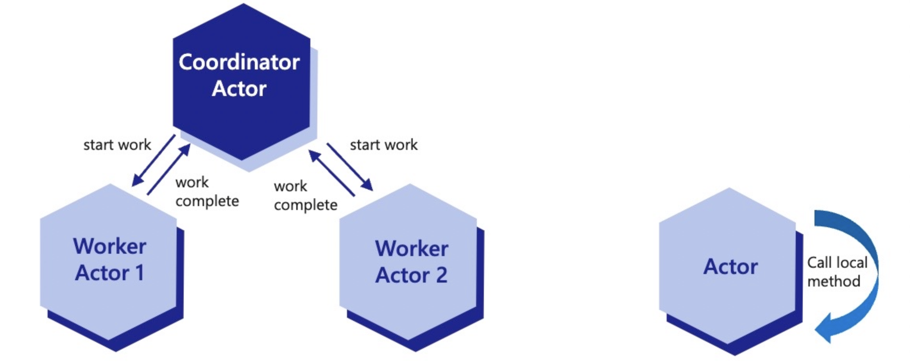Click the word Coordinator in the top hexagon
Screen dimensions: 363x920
tap(239, 62)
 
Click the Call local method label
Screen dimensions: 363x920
tap(836, 272)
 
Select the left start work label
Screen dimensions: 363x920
tap(117, 145)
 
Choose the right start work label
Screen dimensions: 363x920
tap(383, 145)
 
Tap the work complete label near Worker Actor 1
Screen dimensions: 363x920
tap(207, 192)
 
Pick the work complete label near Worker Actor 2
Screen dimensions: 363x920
tap(305, 196)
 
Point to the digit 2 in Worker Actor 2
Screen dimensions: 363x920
tap(441, 275)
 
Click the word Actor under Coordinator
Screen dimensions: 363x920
tap(239, 89)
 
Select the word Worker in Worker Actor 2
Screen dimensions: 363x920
tap(412, 249)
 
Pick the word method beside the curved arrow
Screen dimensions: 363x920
tap(834, 281)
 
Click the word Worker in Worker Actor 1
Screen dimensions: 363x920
tap(109, 246)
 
